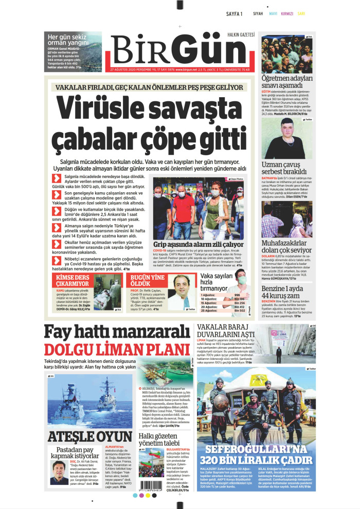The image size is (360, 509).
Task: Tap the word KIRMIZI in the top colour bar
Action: point(287,14)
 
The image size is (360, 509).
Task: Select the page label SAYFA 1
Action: point(234,14)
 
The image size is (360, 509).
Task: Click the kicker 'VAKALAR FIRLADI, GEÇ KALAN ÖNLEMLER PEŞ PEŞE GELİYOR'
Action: point(150,87)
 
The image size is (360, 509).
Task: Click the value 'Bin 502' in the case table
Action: point(239,311)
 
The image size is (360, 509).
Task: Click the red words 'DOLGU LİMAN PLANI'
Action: point(117,350)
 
